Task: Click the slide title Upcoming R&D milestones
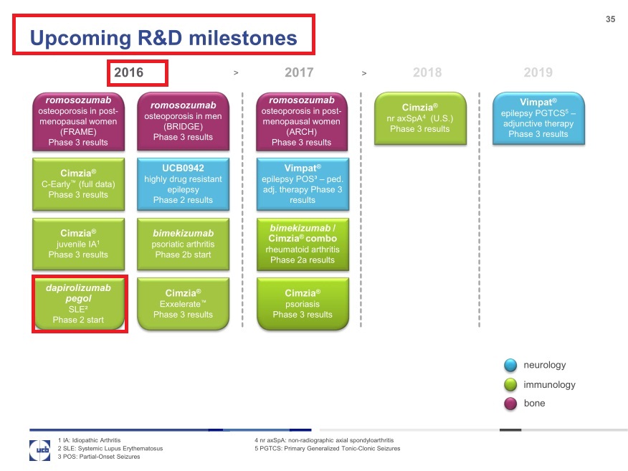coord(163,37)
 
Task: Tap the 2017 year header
coord(299,72)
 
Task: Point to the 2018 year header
coord(427,72)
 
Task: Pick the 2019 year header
coord(538,72)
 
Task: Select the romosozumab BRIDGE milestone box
coord(183,121)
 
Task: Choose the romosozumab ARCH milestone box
coord(303,121)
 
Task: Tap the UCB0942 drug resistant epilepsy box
coord(183,184)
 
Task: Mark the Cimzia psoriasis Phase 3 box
coord(303,304)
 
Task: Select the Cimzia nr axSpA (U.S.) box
coord(420,118)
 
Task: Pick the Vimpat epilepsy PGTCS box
coord(538,118)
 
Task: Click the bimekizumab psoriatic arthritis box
coord(183,244)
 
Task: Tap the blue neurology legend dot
coord(510,366)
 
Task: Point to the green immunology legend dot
coord(510,385)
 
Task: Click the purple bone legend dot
coord(510,404)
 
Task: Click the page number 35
coord(610,19)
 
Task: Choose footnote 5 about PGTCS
coord(327,449)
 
